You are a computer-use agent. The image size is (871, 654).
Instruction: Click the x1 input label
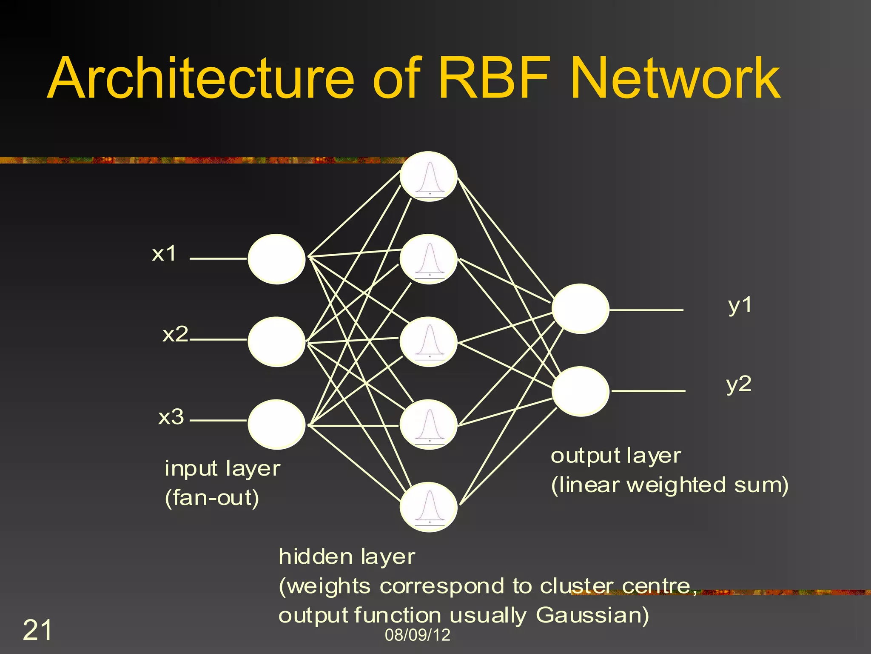[x=164, y=254]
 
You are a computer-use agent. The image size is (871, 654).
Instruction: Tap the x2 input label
[x=175, y=334]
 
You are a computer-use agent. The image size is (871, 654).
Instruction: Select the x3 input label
[x=171, y=417]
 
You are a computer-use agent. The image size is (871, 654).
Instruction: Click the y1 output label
[x=740, y=306]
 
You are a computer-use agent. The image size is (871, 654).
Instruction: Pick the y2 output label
[x=739, y=384]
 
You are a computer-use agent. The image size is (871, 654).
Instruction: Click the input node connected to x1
[x=276, y=259]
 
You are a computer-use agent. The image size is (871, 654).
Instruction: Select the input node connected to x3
[x=276, y=424]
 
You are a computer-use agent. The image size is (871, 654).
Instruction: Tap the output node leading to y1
[x=580, y=309]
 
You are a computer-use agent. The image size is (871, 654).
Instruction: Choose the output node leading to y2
[x=580, y=391]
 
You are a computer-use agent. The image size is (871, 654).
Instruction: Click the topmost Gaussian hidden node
[x=429, y=176]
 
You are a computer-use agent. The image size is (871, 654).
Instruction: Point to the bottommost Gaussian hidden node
[x=429, y=507]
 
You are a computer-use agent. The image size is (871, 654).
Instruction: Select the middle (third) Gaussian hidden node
[x=429, y=341]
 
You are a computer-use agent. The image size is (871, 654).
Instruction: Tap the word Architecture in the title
[x=200, y=79]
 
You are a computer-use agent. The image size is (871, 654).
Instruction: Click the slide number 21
[x=37, y=630]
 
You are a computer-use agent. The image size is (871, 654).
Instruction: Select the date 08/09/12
[x=417, y=635]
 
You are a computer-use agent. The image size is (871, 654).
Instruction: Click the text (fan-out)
[x=212, y=497]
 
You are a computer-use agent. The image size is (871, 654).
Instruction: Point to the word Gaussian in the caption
[x=592, y=615]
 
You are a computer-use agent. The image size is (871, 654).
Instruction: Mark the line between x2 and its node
[x=218, y=340]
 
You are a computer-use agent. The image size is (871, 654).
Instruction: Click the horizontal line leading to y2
[x=648, y=390]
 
